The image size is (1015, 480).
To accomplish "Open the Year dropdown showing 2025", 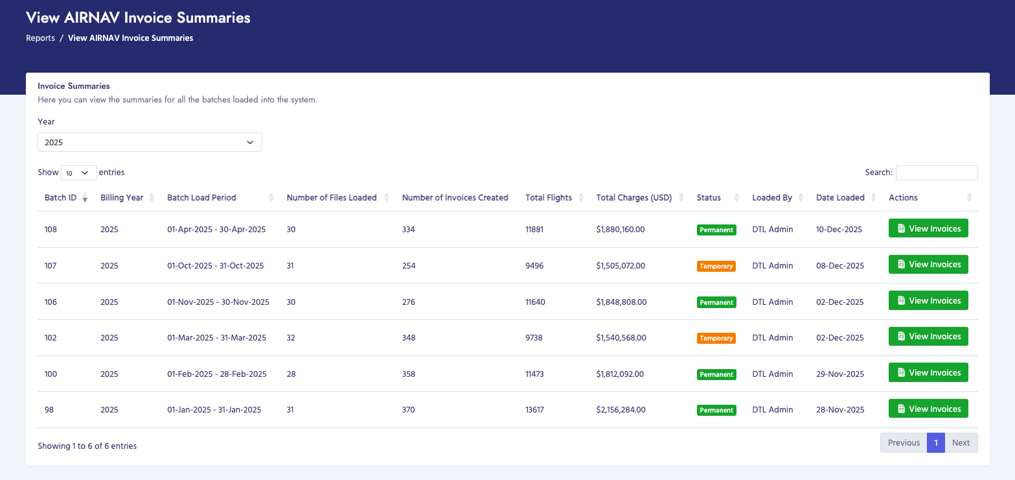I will pos(150,142).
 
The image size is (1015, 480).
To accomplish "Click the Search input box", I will pos(936,173).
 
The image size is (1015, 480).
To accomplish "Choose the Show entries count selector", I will pos(78,173).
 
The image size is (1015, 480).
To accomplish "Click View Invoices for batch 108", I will pos(928,229).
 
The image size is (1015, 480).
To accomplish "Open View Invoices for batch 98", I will pos(928,409).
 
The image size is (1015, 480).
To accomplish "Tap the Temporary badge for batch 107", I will pos(716,266).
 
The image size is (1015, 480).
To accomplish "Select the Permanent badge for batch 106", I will pos(716,302).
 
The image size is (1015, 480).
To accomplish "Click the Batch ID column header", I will pos(61,198).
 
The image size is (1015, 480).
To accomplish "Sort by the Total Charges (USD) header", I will pos(634,198).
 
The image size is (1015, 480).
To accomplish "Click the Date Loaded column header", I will pos(840,198).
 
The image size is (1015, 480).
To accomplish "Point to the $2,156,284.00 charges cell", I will pos(621,410).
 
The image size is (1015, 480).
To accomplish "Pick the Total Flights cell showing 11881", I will pos(536,230).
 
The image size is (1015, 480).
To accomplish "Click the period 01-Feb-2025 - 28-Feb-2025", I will pos(217,374).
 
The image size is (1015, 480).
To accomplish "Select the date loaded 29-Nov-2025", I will pos(839,374).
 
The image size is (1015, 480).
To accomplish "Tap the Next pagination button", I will pos(961,443).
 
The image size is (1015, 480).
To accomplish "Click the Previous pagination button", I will pos(904,443).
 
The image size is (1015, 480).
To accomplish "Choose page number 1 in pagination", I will pos(935,443).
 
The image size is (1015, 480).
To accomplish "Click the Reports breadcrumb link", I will pos(40,38).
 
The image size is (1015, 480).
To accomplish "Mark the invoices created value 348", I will pos(409,338).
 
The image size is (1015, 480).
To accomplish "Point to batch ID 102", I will pos(51,338).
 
